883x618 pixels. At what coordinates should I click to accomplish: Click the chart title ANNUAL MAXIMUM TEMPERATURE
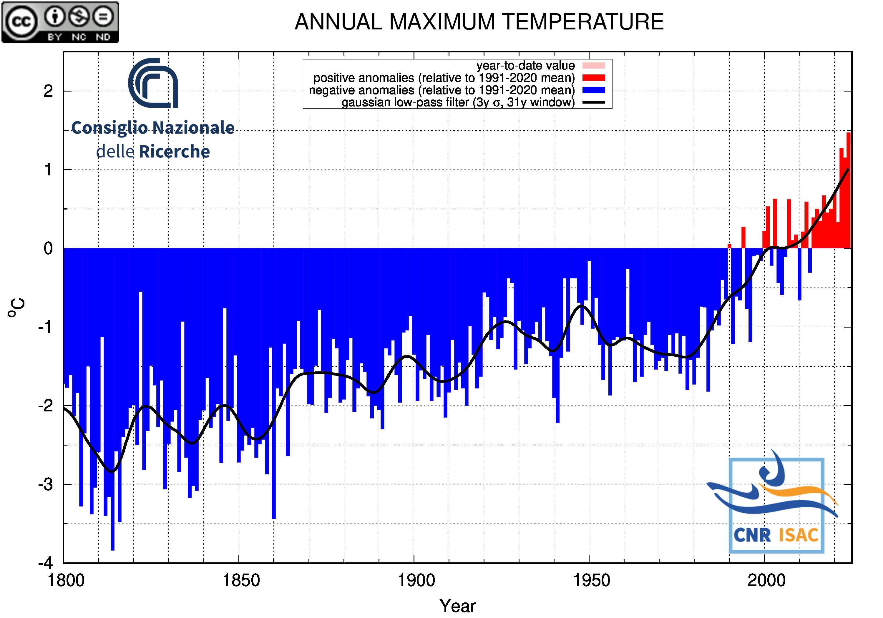click(479, 22)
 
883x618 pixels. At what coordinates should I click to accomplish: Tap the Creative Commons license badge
click(60, 22)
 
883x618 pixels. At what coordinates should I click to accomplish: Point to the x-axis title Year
click(457, 606)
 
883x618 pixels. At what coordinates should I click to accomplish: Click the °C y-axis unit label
click(16, 307)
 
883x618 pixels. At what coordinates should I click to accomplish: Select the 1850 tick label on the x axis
click(241, 580)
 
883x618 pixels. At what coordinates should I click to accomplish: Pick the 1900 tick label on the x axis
click(416, 580)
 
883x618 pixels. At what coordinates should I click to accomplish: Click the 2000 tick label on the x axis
click(766, 580)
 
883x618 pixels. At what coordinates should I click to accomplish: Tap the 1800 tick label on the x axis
click(66, 580)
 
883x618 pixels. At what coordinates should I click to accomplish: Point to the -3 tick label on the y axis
click(46, 485)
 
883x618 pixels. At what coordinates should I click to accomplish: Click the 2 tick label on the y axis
click(48, 92)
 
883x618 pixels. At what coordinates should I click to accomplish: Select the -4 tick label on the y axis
click(46, 563)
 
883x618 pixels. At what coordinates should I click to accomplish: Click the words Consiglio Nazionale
click(153, 128)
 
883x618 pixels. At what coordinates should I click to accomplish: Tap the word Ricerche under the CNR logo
click(174, 152)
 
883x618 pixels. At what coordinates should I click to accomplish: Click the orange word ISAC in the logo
click(799, 535)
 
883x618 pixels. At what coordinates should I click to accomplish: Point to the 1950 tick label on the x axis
click(592, 580)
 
